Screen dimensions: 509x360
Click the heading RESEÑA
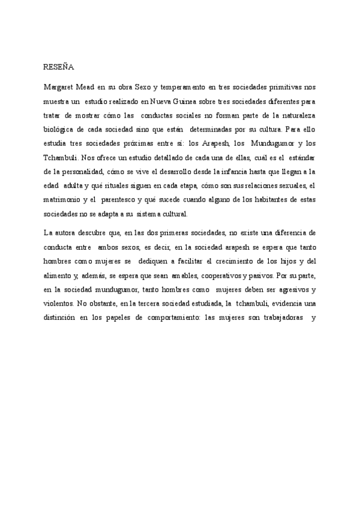58,67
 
